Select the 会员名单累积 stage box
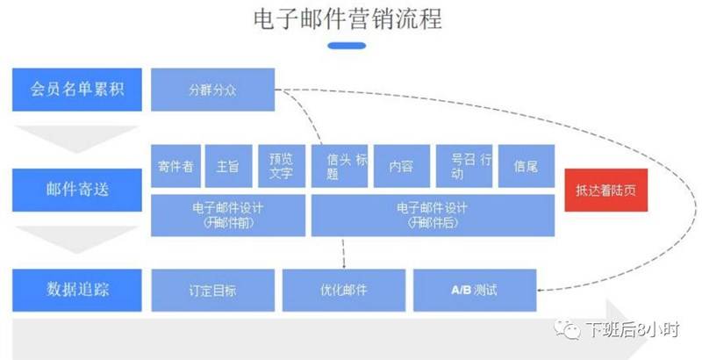(76, 90)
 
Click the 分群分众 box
(212, 90)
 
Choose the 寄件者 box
(175, 166)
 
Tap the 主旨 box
(228, 166)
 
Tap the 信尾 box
(526, 166)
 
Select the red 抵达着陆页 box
(605, 191)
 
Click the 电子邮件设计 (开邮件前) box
(227, 216)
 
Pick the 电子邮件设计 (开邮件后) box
(433, 216)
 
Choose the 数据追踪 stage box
(76, 290)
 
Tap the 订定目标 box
(212, 290)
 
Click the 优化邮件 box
(344, 290)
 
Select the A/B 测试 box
(474, 290)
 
